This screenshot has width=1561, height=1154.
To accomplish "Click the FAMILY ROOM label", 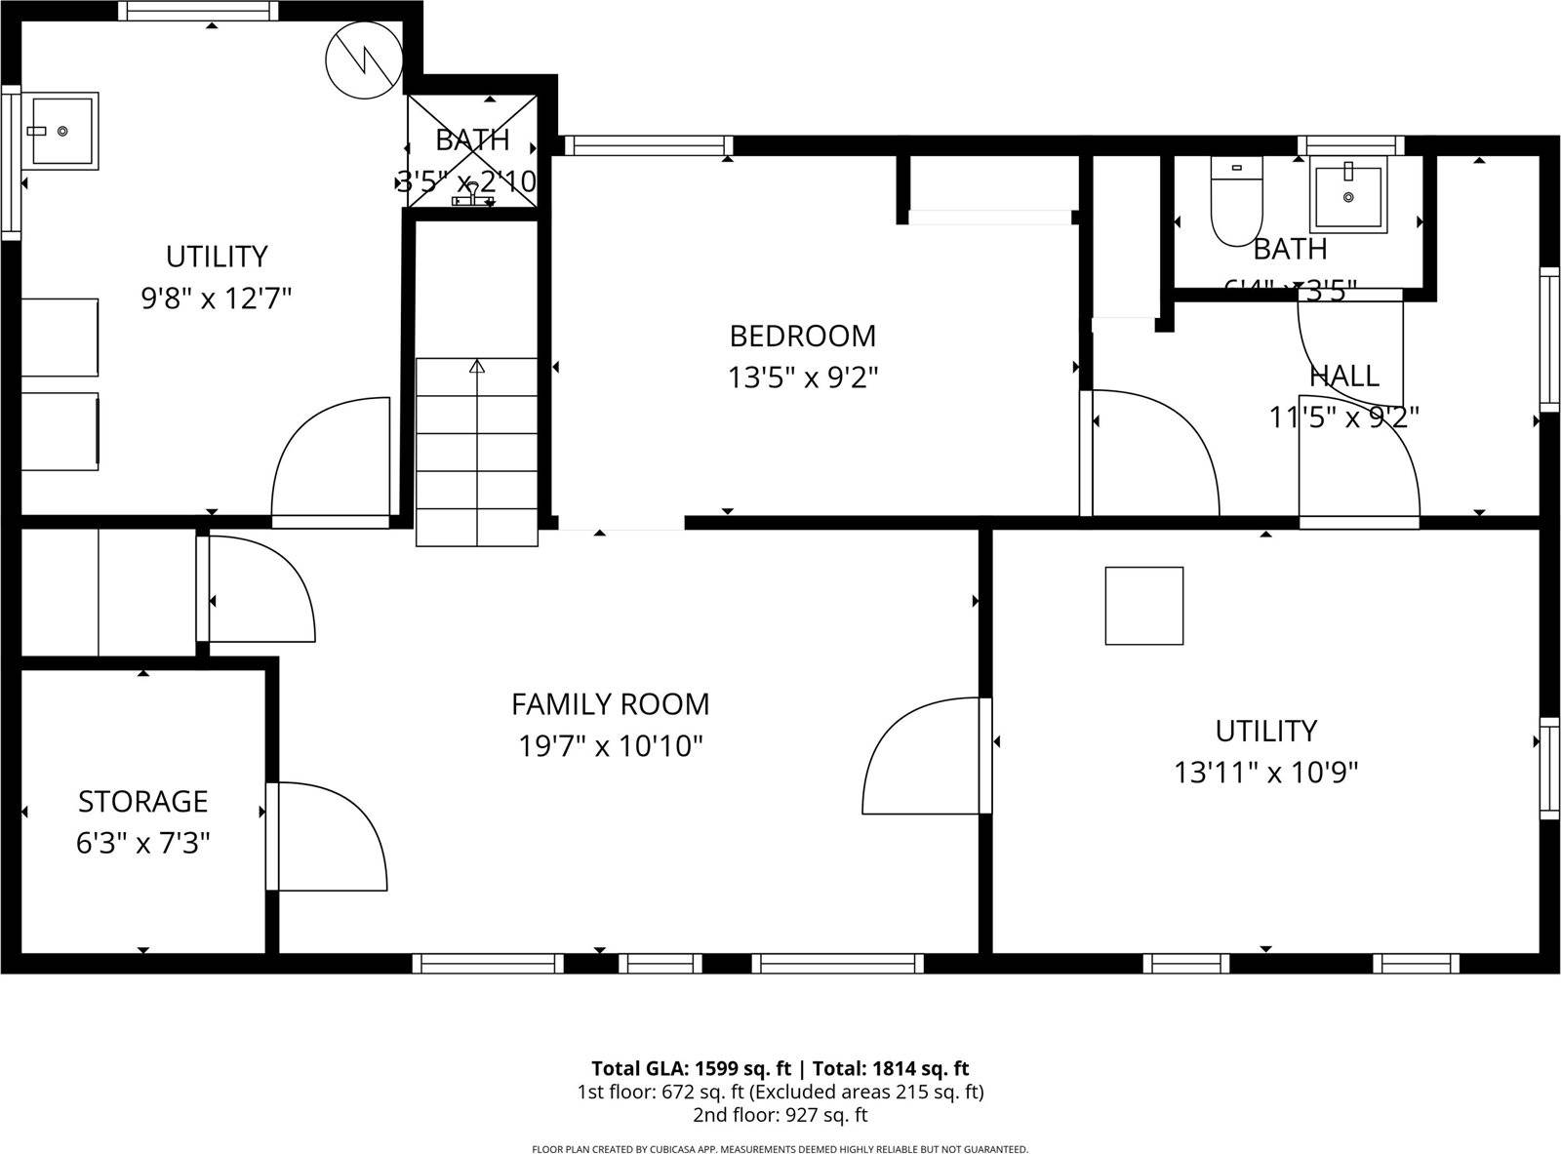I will tap(610, 703).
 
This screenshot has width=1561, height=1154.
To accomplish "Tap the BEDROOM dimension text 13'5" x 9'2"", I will tap(803, 378).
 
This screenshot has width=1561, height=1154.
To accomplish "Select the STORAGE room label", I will tap(142, 801).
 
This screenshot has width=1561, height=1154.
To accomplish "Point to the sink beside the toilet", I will tap(1348, 197).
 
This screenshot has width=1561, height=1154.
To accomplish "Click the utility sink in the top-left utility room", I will tap(60, 131).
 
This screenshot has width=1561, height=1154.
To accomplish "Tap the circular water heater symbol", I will tap(363, 59).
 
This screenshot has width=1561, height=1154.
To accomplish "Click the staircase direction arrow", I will tap(477, 368).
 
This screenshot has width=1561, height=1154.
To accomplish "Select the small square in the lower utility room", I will tap(1143, 605).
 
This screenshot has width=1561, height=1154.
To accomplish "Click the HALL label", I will tap(1343, 376).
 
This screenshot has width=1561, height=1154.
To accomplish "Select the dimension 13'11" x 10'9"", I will tap(1265, 773).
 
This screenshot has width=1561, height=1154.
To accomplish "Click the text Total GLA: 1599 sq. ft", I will tap(691, 1068).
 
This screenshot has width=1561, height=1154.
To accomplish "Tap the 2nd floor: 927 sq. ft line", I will tap(780, 1115).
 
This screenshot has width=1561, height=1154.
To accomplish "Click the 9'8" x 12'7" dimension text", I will tap(217, 298).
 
